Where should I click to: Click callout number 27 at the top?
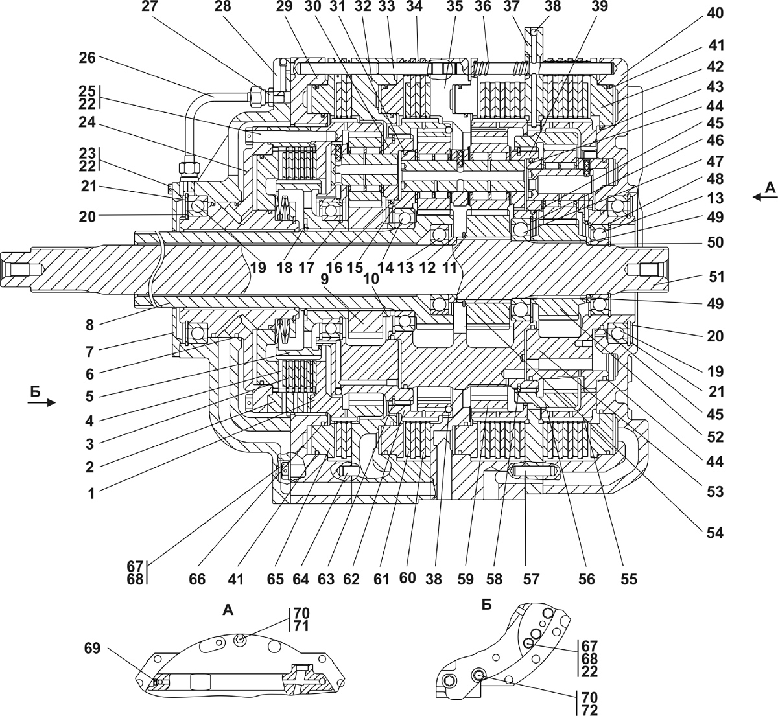[x=150, y=6]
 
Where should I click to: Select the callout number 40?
[x=714, y=13]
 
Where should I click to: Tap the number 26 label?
[x=87, y=58]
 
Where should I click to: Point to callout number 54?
[x=714, y=533]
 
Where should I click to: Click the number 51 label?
[x=716, y=277]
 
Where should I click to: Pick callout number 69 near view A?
[x=92, y=648]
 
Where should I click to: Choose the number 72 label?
[x=589, y=710]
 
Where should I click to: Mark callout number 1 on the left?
[x=91, y=494]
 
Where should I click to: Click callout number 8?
[x=89, y=325]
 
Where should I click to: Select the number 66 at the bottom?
[x=197, y=579]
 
